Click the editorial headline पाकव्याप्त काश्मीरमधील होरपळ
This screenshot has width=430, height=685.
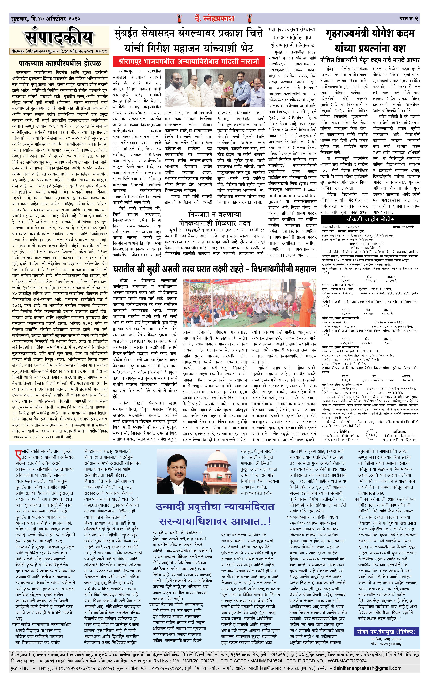pyautogui.click(x=60, y=63)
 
